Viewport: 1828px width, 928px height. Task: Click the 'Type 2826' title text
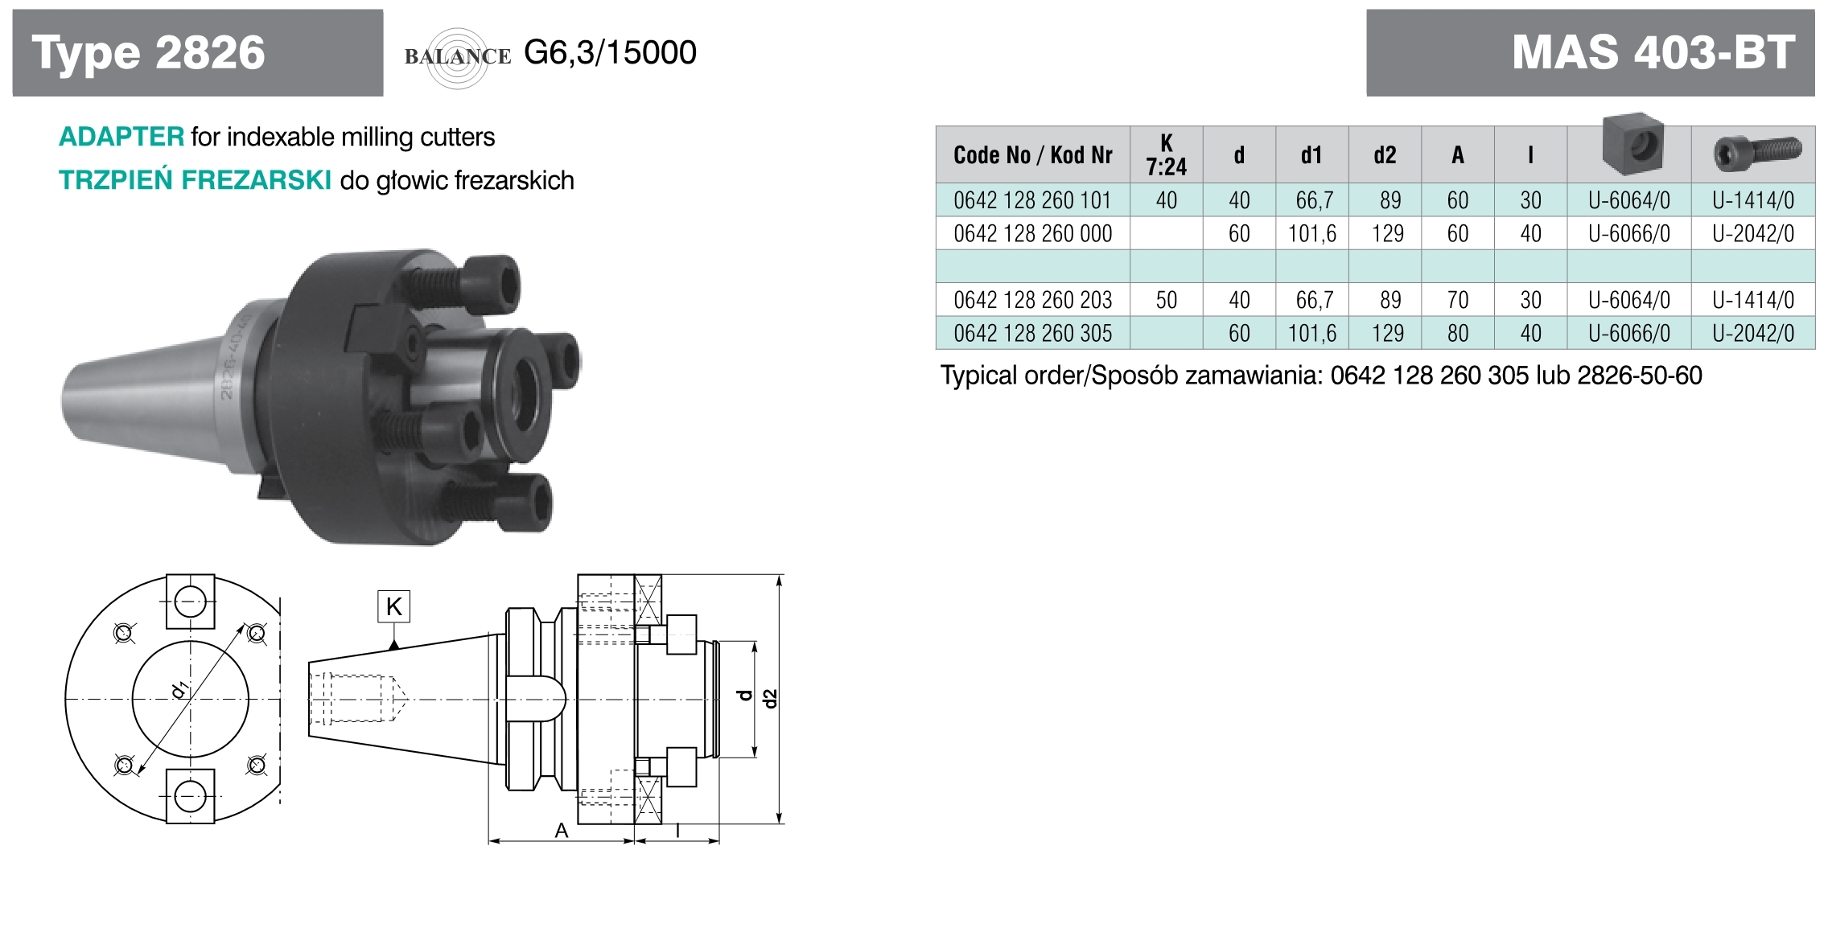(148, 53)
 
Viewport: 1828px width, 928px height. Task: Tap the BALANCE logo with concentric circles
(458, 57)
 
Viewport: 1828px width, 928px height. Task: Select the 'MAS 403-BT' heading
(1653, 53)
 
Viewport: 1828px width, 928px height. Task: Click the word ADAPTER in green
(121, 137)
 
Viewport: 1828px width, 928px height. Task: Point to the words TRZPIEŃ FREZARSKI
(195, 179)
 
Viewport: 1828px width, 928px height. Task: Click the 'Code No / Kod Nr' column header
(1033, 155)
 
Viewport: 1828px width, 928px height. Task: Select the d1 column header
(1311, 155)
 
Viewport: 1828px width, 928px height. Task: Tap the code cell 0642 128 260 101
(1032, 200)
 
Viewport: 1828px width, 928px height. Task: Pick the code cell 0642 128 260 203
(1032, 300)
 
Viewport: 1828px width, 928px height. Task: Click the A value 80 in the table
(1457, 333)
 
